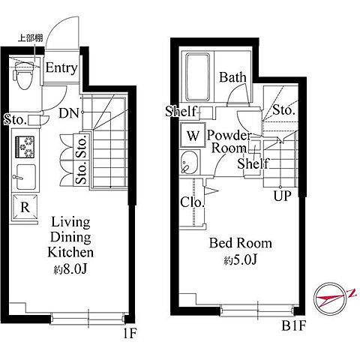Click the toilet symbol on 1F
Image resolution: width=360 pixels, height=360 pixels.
[x=24, y=76]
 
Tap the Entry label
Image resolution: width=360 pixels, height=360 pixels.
[x=61, y=68]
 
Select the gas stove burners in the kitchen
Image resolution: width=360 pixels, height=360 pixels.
[x=25, y=147]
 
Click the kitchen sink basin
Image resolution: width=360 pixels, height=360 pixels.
[x=25, y=177]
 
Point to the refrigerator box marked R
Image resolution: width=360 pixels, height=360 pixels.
[x=25, y=207]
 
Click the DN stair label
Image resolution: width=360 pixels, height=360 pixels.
[x=69, y=113]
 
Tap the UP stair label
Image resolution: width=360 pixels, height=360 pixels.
[x=283, y=196]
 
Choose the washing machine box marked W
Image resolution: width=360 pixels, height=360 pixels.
[x=193, y=135]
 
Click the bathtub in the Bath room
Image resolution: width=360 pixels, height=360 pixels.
[x=197, y=77]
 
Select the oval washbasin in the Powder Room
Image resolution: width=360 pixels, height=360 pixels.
[x=189, y=162]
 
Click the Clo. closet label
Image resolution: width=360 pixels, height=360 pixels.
[x=192, y=202]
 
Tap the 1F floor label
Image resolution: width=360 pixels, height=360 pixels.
[x=130, y=333]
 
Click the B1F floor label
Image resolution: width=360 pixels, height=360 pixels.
[x=293, y=325]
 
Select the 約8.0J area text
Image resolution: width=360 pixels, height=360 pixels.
[x=70, y=269]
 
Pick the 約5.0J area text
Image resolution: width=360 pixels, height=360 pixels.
[x=240, y=260]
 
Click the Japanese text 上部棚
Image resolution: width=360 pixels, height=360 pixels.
[x=30, y=38]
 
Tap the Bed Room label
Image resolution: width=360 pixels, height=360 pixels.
[x=241, y=243]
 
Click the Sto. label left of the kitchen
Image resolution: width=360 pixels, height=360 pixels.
[x=16, y=120]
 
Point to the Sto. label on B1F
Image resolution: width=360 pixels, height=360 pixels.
[x=283, y=110]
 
